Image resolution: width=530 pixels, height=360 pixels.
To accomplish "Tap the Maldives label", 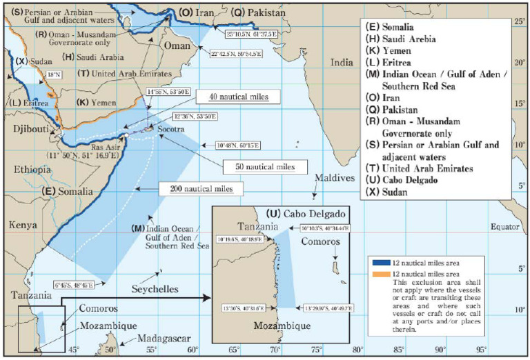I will [x=335, y=179].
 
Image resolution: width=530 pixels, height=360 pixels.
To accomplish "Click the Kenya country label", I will [x=23, y=224].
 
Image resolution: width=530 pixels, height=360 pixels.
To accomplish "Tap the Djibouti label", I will [x=26, y=128].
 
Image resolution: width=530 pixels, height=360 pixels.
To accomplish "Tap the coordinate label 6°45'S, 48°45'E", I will [x=74, y=283].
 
